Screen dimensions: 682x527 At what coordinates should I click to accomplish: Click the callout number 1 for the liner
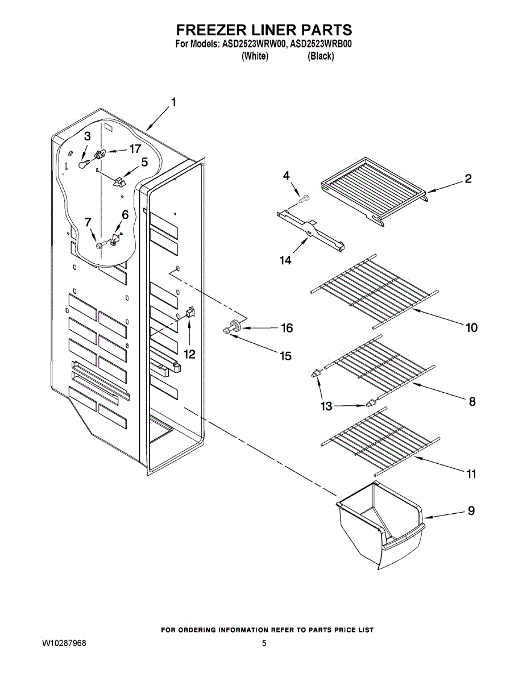pos(173,103)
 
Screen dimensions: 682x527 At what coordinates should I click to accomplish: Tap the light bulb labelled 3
pos(84,164)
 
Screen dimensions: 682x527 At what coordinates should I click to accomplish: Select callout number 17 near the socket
pos(134,149)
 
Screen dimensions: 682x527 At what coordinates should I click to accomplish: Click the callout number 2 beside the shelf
pos(467,179)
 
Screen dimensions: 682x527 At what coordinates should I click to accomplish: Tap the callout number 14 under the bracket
pos(285,260)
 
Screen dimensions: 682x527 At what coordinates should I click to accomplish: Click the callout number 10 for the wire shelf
pos(471,328)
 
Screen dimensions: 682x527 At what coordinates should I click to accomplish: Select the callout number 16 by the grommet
pos(287,328)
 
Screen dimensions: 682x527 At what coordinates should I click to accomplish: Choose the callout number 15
pos(285,356)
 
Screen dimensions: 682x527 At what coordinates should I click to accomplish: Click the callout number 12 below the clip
pos(189,354)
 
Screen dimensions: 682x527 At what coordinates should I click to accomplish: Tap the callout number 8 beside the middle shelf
pos(472,402)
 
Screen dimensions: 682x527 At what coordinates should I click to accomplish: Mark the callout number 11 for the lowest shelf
pos(471,473)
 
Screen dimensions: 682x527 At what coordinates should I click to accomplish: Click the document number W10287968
pos(64,644)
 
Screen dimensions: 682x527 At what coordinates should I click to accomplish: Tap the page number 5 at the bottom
pos(264,644)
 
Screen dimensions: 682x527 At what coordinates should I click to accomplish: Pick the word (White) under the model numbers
pos(255,56)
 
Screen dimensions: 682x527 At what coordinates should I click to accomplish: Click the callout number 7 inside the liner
pos(88,222)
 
